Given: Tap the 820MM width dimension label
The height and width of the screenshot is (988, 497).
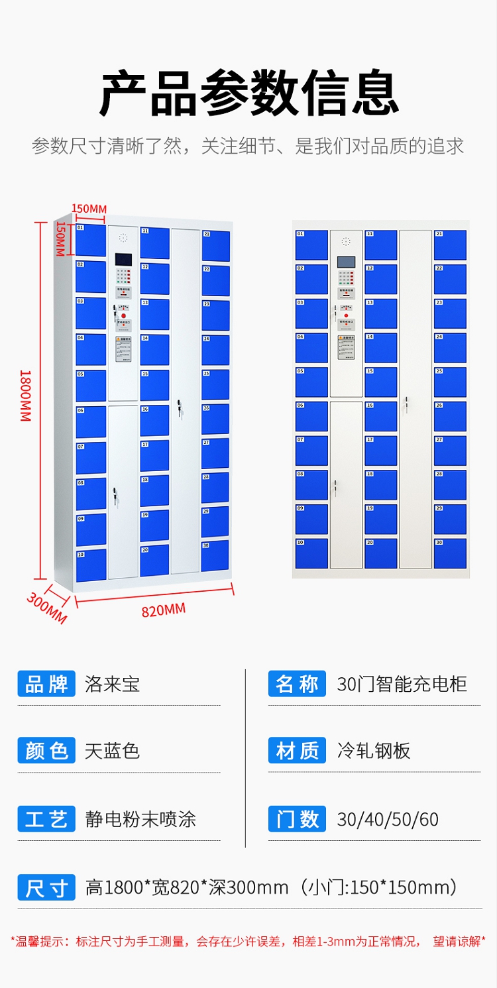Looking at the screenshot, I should coord(163,610).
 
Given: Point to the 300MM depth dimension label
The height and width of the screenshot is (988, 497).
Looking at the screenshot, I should coord(46,607).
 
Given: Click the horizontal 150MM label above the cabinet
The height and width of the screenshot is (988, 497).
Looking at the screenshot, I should coord(89,209).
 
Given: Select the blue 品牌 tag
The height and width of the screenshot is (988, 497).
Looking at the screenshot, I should coord(46,684).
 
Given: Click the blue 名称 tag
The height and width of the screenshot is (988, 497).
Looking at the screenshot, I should coord(297,684).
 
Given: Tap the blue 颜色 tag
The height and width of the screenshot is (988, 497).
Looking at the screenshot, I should coord(46,751).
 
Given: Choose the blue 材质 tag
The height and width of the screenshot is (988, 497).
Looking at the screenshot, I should coord(297,751).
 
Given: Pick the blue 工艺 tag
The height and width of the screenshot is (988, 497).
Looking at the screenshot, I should coord(46,819).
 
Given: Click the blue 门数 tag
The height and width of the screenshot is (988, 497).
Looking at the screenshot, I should coord(297,819).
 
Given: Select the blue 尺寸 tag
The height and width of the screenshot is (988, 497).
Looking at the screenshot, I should coord(46,887).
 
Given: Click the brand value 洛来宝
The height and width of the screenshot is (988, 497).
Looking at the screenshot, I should coord(112,684).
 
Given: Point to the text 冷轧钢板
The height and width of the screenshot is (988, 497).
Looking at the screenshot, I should coord(374,751).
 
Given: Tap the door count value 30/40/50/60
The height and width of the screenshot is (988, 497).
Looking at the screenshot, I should coord(388,820).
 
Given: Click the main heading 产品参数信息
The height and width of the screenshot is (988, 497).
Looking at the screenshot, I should coord(248,93).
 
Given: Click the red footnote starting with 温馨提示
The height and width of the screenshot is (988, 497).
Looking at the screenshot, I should coord(248,941).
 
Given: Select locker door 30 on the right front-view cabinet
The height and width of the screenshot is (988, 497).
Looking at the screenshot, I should coord(450,553).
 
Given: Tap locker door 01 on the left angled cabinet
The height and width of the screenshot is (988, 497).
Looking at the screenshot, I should coord(90,240).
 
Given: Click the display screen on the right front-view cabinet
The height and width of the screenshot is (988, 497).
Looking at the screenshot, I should coord(346,262).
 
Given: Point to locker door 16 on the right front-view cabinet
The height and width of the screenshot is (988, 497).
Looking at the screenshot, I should coord(380,416).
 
